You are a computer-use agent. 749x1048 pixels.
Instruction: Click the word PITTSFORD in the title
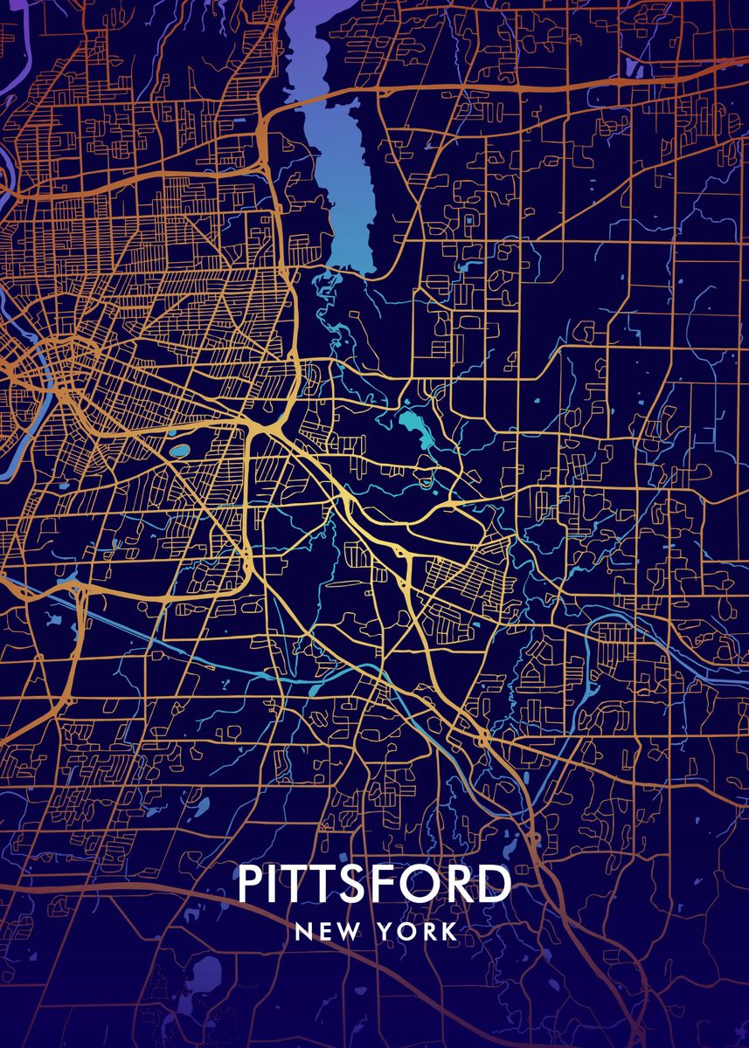374,885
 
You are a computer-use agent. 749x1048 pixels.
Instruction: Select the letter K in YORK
448,932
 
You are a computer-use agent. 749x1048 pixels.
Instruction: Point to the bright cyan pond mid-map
411,426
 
